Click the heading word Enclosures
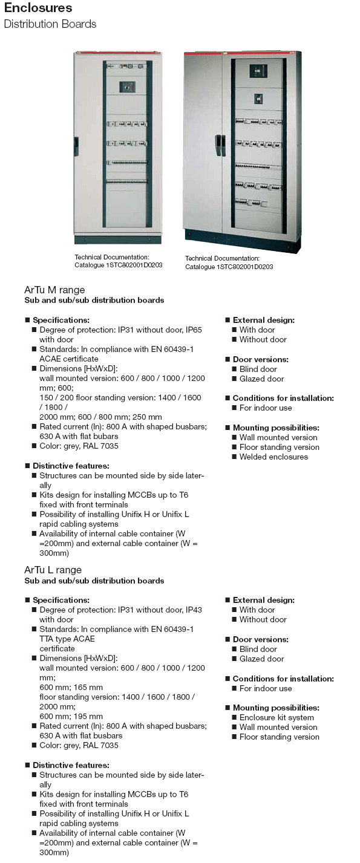click(38, 8)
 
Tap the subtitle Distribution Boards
click(50, 24)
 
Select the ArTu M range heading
click(54, 290)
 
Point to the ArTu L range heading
click(53, 570)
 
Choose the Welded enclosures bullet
click(273, 457)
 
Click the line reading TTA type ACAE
click(67, 639)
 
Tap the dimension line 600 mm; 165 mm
click(71, 687)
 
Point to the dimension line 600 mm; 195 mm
click(71, 716)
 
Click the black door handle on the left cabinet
click(76, 146)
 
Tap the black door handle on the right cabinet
click(218, 145)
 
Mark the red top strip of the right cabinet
click(242, 54)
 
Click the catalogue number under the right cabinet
click(229, 267)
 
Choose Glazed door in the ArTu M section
click(261, 379)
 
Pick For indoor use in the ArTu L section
click(266, 688)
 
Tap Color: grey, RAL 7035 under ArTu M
click(79, 446)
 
